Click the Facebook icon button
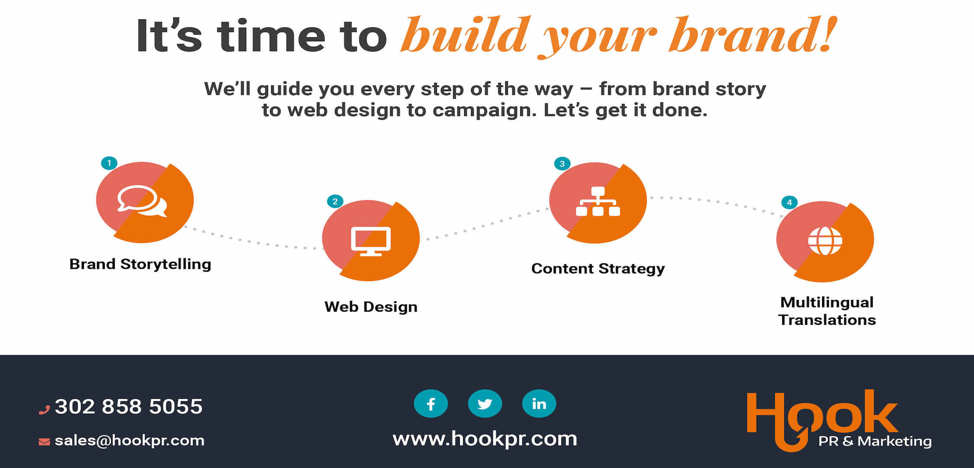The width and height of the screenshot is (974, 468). point(431,404)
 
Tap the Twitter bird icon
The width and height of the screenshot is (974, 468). point(485,404)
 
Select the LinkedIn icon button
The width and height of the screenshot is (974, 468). point(539,404)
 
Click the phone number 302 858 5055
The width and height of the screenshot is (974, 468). point(129,406)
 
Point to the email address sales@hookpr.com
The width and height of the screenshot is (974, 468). point(129,441)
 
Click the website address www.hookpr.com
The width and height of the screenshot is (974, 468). point(485,439)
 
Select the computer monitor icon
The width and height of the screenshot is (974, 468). point(371,241)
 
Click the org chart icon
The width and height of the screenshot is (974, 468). point(598,201)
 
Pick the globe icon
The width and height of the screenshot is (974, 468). point(825,241)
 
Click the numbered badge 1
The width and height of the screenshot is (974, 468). point(109,163)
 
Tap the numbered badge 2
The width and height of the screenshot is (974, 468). point(335,201)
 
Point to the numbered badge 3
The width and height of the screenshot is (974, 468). point(562,164)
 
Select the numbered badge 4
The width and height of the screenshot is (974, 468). point(790,202)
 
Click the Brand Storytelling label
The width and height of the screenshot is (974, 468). point(140,264)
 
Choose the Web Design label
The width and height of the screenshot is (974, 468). point(371,307)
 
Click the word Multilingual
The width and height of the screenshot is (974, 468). point(827,302)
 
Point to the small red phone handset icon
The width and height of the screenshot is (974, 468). point(44,409)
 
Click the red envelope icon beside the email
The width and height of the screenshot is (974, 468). point(44,442)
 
